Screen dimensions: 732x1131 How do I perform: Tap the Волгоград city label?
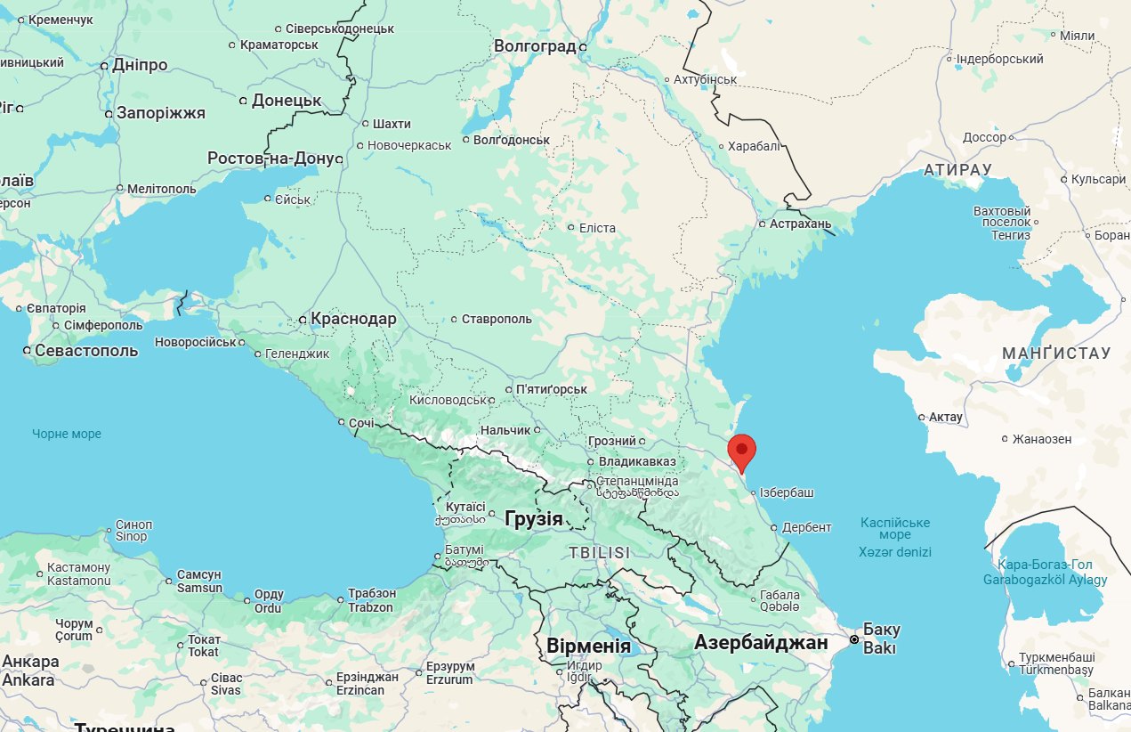point(535,46)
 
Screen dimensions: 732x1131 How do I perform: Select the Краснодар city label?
point(353,319)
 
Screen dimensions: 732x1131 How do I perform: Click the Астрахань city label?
point(801,224)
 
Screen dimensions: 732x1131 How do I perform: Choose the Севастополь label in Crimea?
point(86,350)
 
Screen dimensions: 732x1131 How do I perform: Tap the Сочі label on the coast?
point(361,423)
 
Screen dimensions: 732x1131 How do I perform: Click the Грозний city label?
point(612,441)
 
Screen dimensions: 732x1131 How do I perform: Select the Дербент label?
point(807,527)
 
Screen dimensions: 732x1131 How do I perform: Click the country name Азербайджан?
point(761,642)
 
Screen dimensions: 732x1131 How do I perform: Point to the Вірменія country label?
point(588,647)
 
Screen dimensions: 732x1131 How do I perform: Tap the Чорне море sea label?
point(67,434)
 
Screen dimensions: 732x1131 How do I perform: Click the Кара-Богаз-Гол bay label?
point(1045,572)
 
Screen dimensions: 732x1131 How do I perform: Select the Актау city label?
point(946,417)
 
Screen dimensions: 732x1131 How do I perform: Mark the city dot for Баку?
point(854,639)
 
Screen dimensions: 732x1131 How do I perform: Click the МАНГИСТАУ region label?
point(1056,354)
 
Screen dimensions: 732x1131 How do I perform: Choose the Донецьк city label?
point(287,101)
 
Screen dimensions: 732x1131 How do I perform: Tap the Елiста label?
point(597,228)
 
